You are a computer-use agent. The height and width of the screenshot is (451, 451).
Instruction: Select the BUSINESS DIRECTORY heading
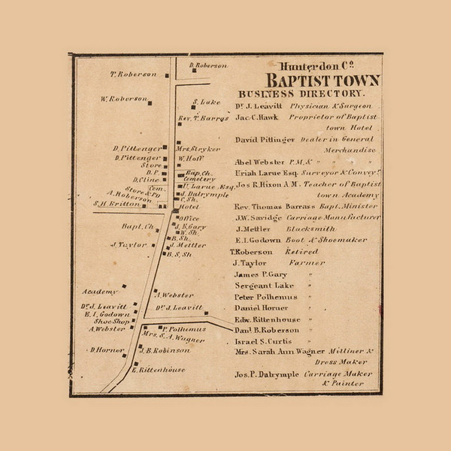[301, 94]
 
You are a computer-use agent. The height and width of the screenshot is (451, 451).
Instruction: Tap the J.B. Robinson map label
[164, 350]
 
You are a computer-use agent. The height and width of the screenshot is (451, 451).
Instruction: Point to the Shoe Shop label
[108, 320]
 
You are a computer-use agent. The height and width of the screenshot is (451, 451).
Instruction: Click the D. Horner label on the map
[107, 350]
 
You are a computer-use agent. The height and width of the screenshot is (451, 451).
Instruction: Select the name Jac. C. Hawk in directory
[257, 118]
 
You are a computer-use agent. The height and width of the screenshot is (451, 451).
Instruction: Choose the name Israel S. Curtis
[260, 341]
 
